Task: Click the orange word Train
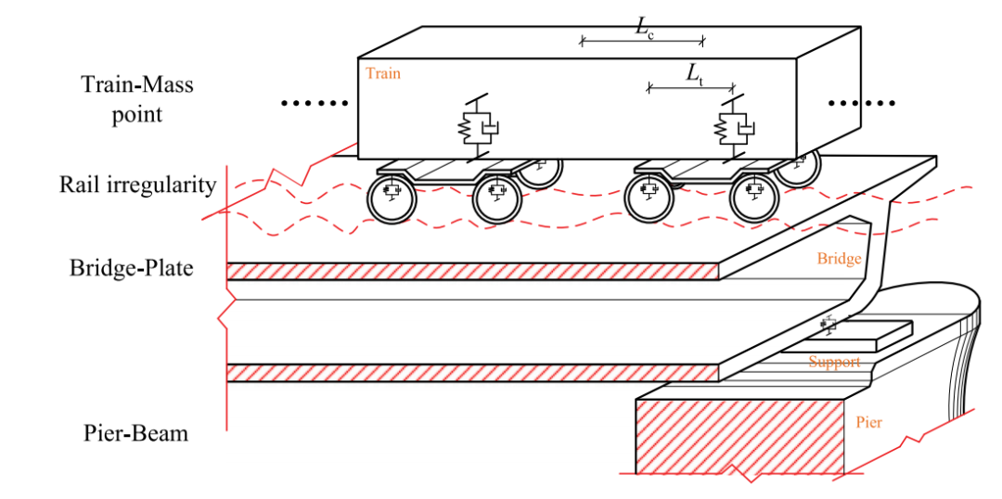[383, 73]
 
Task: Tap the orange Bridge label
[839, 259]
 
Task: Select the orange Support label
[834, 362]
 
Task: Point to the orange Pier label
[868, 423]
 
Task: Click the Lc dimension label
[643, 27]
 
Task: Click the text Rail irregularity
[137, 184]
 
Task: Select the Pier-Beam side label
[135, 432]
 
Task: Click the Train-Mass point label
[137, 99]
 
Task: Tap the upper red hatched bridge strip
[473, 271]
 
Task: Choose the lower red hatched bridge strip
[473, 373]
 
